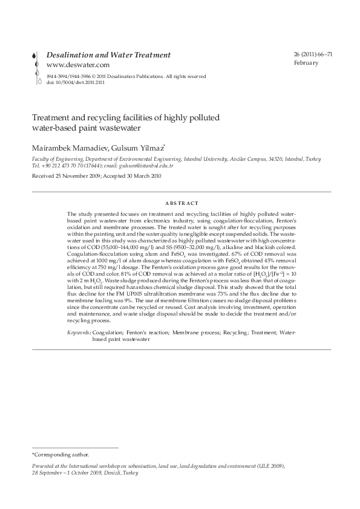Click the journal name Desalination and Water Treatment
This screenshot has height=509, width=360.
109,55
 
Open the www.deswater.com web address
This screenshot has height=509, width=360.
77,65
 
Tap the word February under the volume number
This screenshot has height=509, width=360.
306,63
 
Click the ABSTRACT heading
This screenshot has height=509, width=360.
181,204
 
